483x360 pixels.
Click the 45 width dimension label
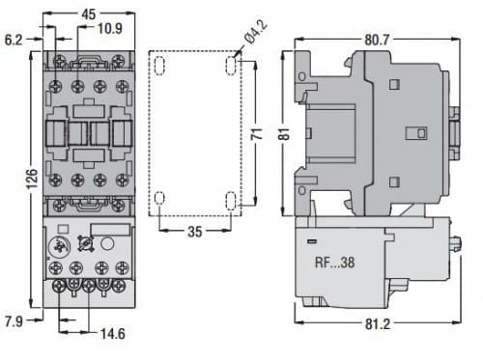[x=89, y=14]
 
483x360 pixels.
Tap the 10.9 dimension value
[x=110, y=29]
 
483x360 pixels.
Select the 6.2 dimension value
[x=14, y=41]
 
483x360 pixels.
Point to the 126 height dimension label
[x=32, y=178]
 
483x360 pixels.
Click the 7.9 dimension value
[x=14, y=321]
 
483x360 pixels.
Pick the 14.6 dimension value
[x=113, y=334]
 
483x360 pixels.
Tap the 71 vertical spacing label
[x=257, y=134]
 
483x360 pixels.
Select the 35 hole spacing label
[x=195, y=232]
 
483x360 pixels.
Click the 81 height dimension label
[x=284, y=134]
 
